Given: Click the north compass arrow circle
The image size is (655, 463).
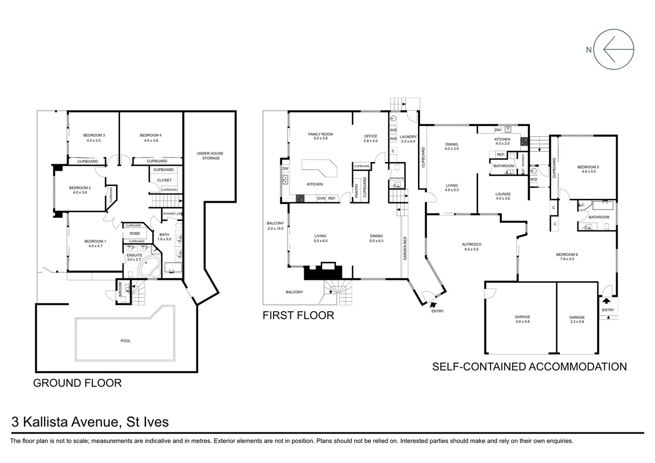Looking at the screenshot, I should click(614, 49).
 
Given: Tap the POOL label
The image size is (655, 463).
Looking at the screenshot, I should click(126, 341).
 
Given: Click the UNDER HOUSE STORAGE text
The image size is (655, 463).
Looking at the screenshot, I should click(210, 156).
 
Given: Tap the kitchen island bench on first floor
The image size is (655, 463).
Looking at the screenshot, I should click(319, 168).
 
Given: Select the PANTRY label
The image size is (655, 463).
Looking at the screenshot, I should click(356, 190).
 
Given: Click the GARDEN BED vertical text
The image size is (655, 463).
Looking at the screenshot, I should click(405, 249).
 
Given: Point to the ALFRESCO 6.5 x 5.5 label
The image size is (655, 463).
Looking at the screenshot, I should click(472, 247).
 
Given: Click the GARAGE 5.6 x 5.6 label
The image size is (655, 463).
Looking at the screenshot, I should click(522, 319).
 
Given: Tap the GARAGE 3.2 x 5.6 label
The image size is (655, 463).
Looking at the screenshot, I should click(577, 319).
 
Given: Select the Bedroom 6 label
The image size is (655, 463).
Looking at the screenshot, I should click(567, 257).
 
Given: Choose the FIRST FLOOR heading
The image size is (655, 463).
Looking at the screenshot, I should click(298, 316).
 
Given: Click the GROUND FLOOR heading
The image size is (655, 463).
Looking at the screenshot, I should click(77, 383).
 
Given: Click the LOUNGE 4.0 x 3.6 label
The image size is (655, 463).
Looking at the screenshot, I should click(503, 196).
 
